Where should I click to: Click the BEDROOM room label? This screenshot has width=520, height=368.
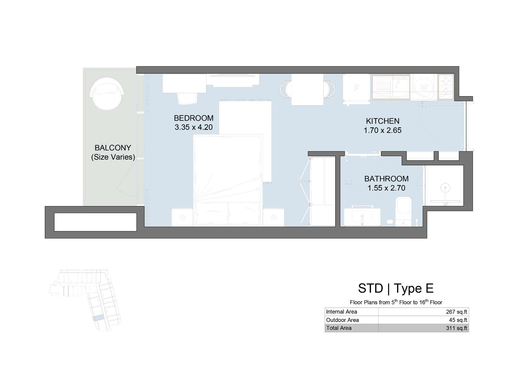point(194,118)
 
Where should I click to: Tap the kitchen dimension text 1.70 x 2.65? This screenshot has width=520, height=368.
point(382,130)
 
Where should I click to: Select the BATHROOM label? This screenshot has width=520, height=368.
point(386,179)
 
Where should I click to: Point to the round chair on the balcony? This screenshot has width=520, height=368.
point(107,93)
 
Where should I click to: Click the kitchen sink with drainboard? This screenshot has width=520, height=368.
point(391,87)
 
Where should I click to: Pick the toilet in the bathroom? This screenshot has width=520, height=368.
point(404,211)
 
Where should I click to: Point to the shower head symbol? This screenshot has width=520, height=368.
point(445,188)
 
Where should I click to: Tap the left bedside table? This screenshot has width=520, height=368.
point(182,217)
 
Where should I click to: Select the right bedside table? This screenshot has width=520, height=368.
point(274,217)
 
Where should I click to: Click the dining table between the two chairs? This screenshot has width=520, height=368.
point(307,89)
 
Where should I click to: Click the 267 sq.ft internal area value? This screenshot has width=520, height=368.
point(457,312)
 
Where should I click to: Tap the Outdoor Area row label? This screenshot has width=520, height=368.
point(342,320)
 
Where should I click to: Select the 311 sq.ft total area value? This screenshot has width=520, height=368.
point(457,328)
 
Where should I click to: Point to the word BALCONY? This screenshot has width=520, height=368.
point(113,148)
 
